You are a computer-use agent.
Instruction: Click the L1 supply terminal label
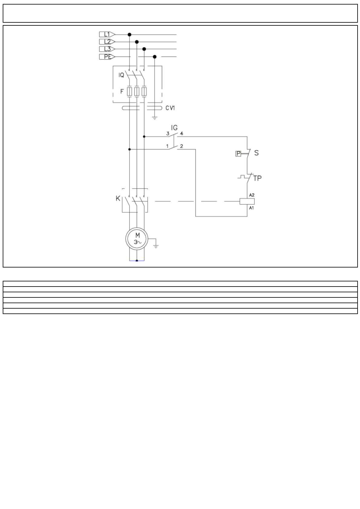106,34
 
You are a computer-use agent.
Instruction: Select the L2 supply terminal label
106,42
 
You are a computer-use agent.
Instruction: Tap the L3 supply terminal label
106,49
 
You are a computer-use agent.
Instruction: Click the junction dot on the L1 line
129,34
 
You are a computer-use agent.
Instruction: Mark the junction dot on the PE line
155,57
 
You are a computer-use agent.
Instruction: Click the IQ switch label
121,75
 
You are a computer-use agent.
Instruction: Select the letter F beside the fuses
122,91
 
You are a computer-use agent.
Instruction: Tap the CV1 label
170,108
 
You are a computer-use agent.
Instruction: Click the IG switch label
174,128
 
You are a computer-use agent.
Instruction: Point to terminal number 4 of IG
182,133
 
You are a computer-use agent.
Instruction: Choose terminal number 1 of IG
167,146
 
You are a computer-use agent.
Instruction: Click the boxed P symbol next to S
238,154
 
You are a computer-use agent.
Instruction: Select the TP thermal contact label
257,178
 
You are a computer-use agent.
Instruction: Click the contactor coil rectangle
247,201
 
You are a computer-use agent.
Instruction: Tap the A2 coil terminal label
251,195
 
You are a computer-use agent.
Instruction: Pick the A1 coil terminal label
251,208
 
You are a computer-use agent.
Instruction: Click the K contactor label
118,199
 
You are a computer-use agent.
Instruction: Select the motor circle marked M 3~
137,238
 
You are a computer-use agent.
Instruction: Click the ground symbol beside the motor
156,245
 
